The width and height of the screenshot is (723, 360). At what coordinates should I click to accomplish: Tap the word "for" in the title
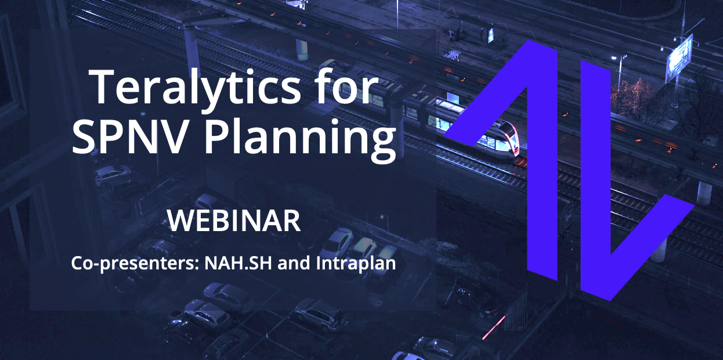coord(346,86)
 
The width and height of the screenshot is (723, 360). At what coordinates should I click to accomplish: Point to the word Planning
coord(300,139)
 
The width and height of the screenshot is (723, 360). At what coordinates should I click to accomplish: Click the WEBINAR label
coord(234,221)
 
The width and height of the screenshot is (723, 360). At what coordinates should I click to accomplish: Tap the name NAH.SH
coord(238,263)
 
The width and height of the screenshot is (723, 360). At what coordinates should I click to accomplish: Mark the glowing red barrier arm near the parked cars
coord(494,327)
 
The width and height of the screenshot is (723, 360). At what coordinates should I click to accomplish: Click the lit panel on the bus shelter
coord(491,35)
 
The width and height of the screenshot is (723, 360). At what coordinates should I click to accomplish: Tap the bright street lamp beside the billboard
coord(614,58)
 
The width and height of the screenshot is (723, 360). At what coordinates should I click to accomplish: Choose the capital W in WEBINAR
coord(181,221)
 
